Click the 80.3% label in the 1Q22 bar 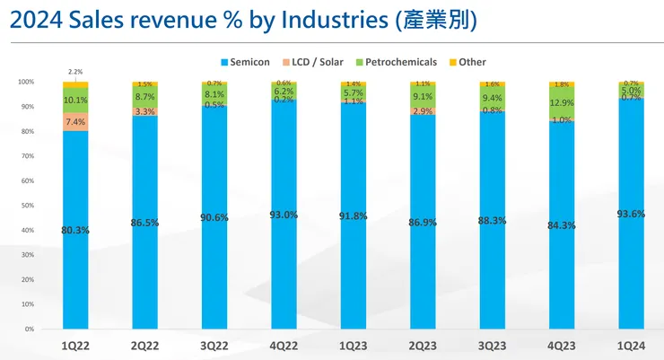coord(75,230)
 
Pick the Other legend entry coord(470,62)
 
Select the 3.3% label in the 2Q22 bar coord(144,111)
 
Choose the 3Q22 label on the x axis coord(214,344)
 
